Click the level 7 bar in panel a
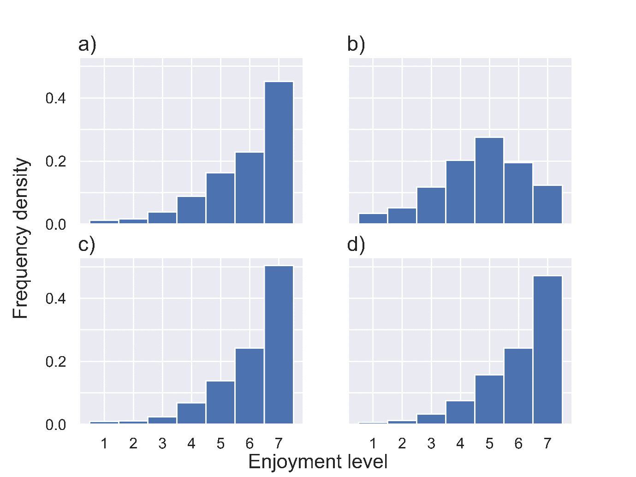point(279,153)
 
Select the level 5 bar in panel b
point(489,180)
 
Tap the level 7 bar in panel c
point(279,345)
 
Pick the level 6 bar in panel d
point(518,386)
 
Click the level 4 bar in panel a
point(191,210)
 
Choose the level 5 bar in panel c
point(220,402)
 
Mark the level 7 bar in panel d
point(547,350)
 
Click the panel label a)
point(87,45)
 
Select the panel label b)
point(356,45)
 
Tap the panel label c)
point(87,244)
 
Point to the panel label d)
point(356,244)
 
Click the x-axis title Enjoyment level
point(318,462)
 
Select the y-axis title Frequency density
point(21,238)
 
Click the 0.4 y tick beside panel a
point(56,98)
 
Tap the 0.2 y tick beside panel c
point(56,362)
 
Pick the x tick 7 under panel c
point(279,444)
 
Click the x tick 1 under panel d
point(373,444)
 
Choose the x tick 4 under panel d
point(460,444)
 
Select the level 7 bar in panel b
point(547,204)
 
